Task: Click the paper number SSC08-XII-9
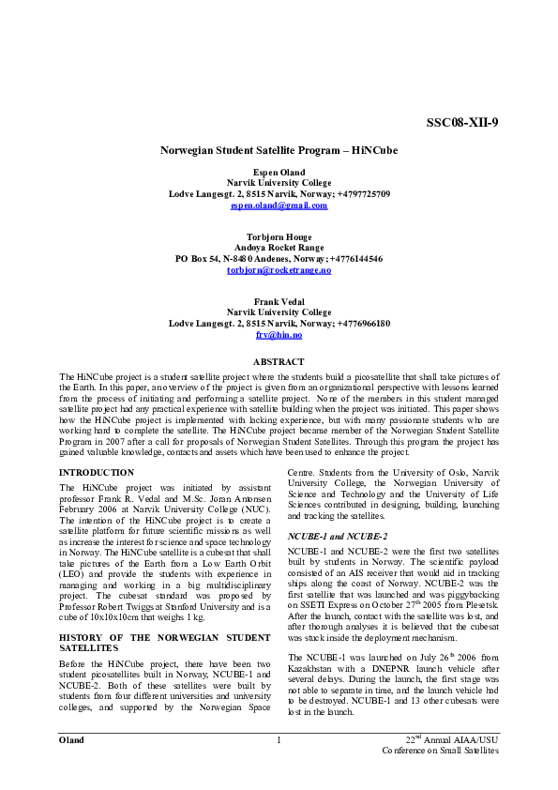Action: click(462, 123)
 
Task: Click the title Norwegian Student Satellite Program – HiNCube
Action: click(279, 150)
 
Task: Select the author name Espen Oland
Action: click(279, 173)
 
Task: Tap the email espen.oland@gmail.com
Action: click(279, 205)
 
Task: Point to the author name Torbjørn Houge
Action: click(279, 237)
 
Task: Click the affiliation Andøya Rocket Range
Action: click(279, 248)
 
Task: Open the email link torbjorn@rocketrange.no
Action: click(279, 269)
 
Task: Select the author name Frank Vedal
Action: click(279, 302)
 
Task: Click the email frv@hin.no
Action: click(279, 334)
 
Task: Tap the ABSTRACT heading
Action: click(279, 362)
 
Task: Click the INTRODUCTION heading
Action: click(96, 472)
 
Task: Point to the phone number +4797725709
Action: click(360, 194)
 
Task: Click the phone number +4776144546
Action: click(354, 259)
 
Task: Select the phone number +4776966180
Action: click(360, 324)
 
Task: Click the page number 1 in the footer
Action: click(279, 740)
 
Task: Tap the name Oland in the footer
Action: click(71, 740)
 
